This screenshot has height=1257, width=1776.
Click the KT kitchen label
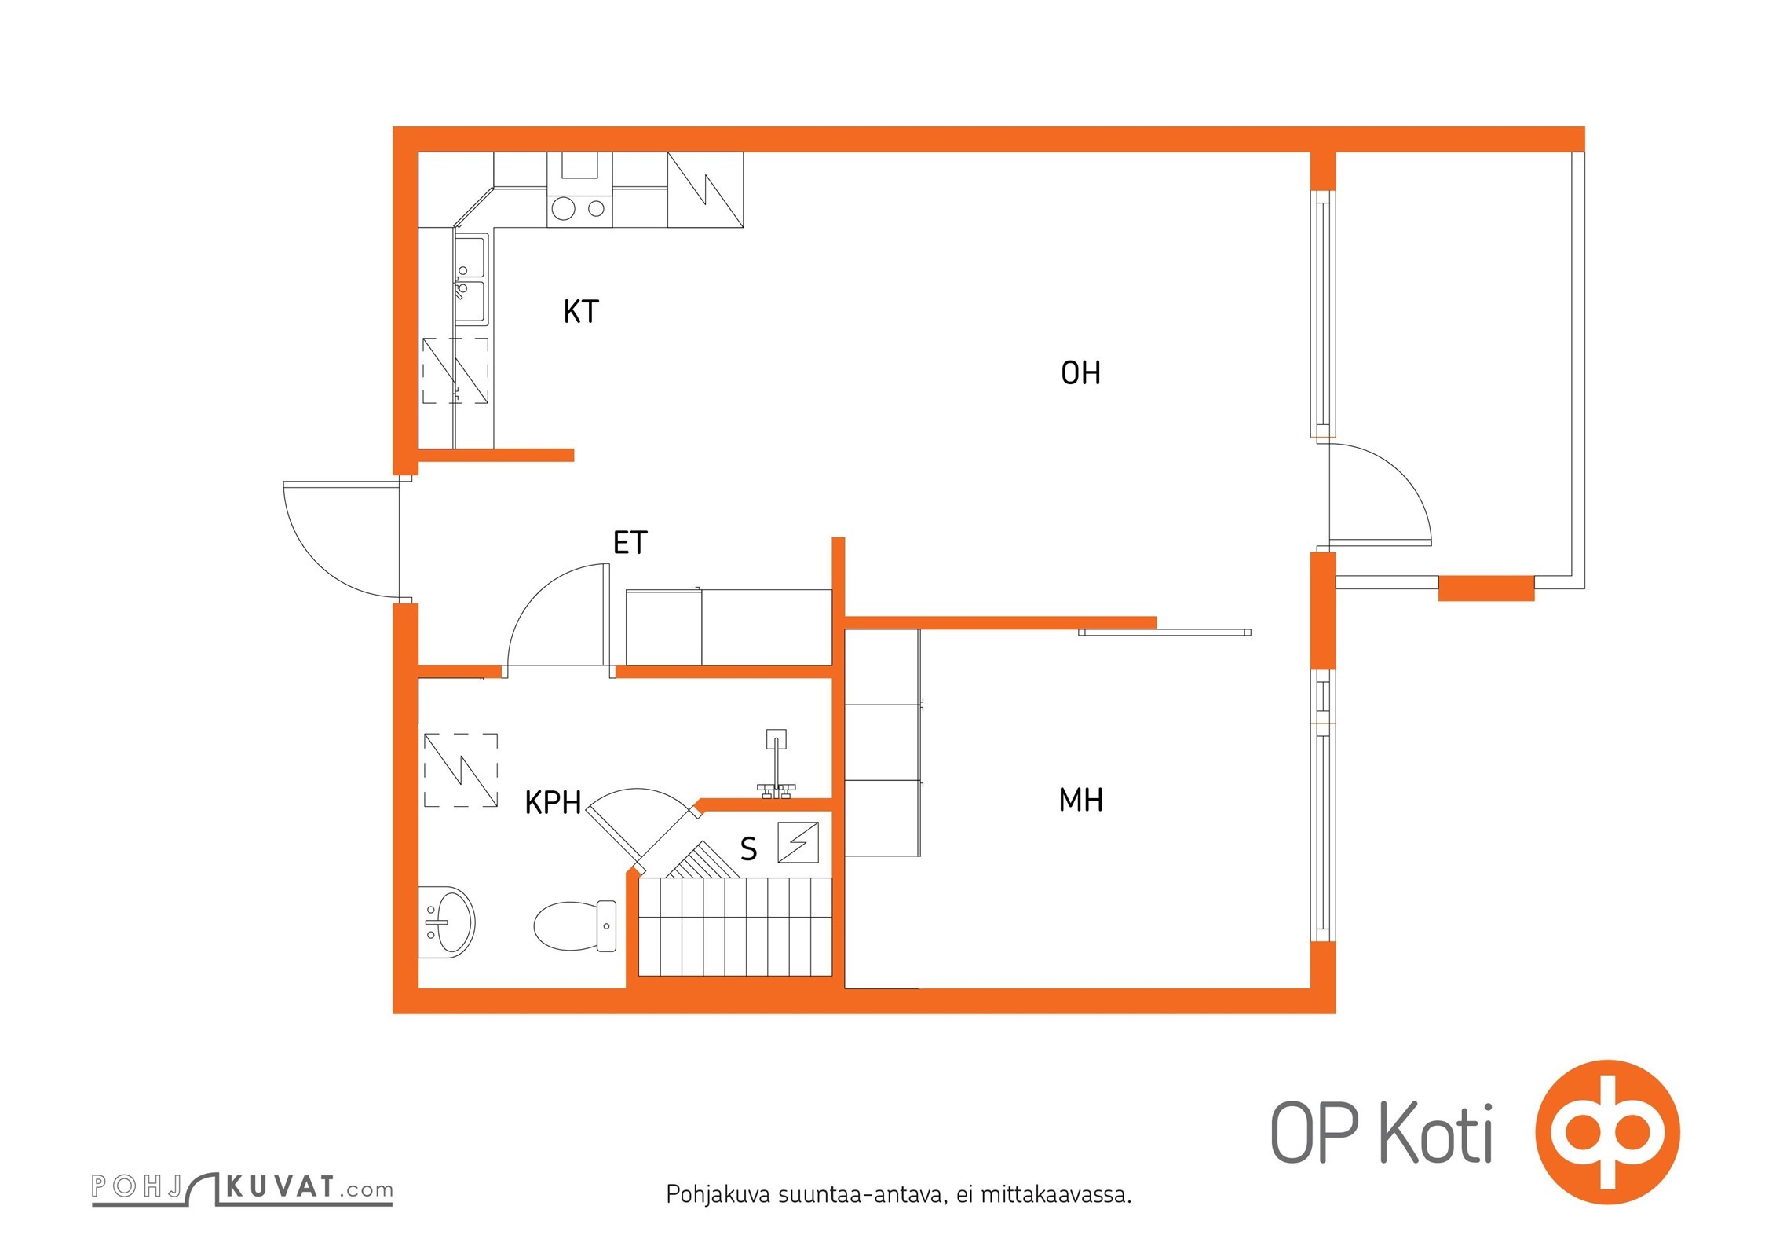(581, 312)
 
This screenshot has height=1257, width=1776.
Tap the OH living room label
(1080, 373)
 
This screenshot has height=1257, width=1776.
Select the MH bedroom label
(1081, 801)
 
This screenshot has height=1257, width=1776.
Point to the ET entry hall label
(630, 543)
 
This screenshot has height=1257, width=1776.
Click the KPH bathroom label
(553, 803)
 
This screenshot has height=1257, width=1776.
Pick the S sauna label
(748, 849)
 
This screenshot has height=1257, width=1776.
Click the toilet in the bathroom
(574, 925)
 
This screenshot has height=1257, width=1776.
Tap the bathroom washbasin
(447, 922)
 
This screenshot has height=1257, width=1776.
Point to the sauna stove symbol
(798, 842)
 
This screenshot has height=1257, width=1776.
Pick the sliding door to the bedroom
(1164, 632)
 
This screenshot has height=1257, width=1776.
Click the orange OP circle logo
(1607, 1131)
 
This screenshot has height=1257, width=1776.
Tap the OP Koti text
(1381, 1133)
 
